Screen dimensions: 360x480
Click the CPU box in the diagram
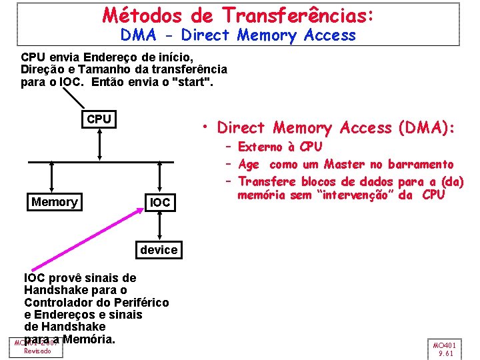[x=99, y=119]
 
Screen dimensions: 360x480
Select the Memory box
[x=55, y=202]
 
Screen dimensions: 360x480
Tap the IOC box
[x=160, y=202]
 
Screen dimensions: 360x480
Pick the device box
[x=159, y=250]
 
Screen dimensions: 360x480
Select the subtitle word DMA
[x=139, y=35]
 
